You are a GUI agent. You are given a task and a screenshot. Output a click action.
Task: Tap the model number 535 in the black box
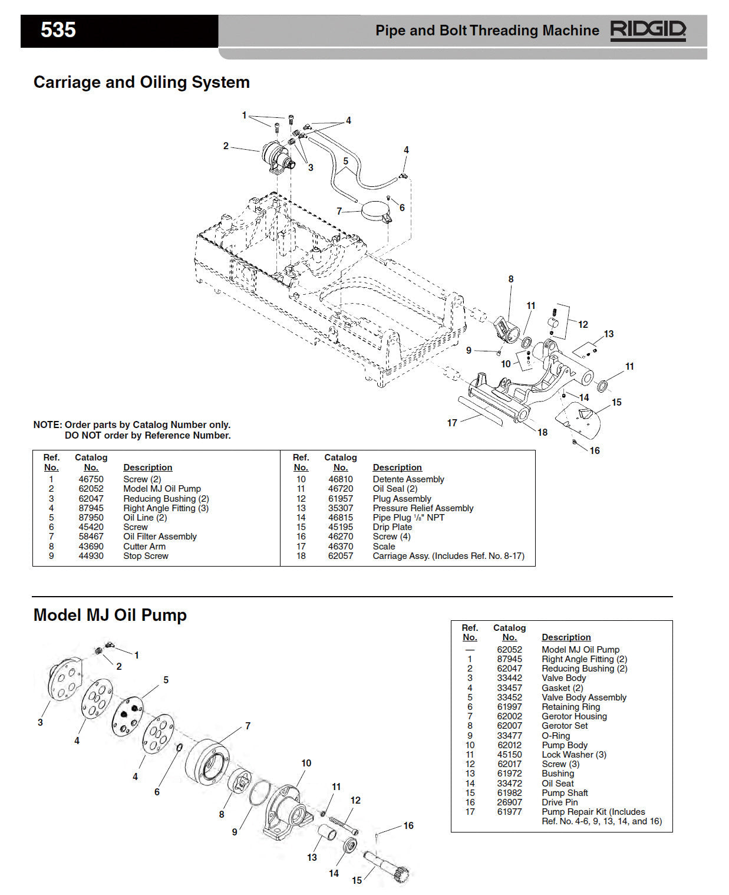[x=58, y=30]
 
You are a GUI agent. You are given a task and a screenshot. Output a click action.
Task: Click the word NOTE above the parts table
[x=47, y=425]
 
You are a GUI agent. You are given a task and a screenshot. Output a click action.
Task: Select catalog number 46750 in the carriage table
[x=91, y=479]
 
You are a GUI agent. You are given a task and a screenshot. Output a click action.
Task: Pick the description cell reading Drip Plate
[x=392, y=527]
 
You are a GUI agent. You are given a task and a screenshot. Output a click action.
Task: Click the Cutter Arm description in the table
[x=144, y=547]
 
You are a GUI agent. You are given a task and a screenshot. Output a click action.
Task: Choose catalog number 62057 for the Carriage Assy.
[x=340, y=556]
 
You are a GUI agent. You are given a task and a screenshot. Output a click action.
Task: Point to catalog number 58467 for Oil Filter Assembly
[x=91, y=537]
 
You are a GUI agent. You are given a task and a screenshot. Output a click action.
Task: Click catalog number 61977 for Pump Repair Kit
[x=509, y=812]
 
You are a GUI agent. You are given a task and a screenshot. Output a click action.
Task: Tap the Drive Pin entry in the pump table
[x=559, y=802]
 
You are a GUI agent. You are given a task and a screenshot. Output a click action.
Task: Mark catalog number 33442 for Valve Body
[x=509, y=678]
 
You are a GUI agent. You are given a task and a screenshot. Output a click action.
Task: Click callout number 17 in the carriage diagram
[x=452, y=423]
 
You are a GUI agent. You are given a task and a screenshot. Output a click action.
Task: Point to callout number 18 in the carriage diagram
[x=542, y=432]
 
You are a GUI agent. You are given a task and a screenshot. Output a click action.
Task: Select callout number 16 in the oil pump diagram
[x=408, y=825]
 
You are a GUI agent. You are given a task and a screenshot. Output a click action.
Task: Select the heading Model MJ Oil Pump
[x=110, y=615]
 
